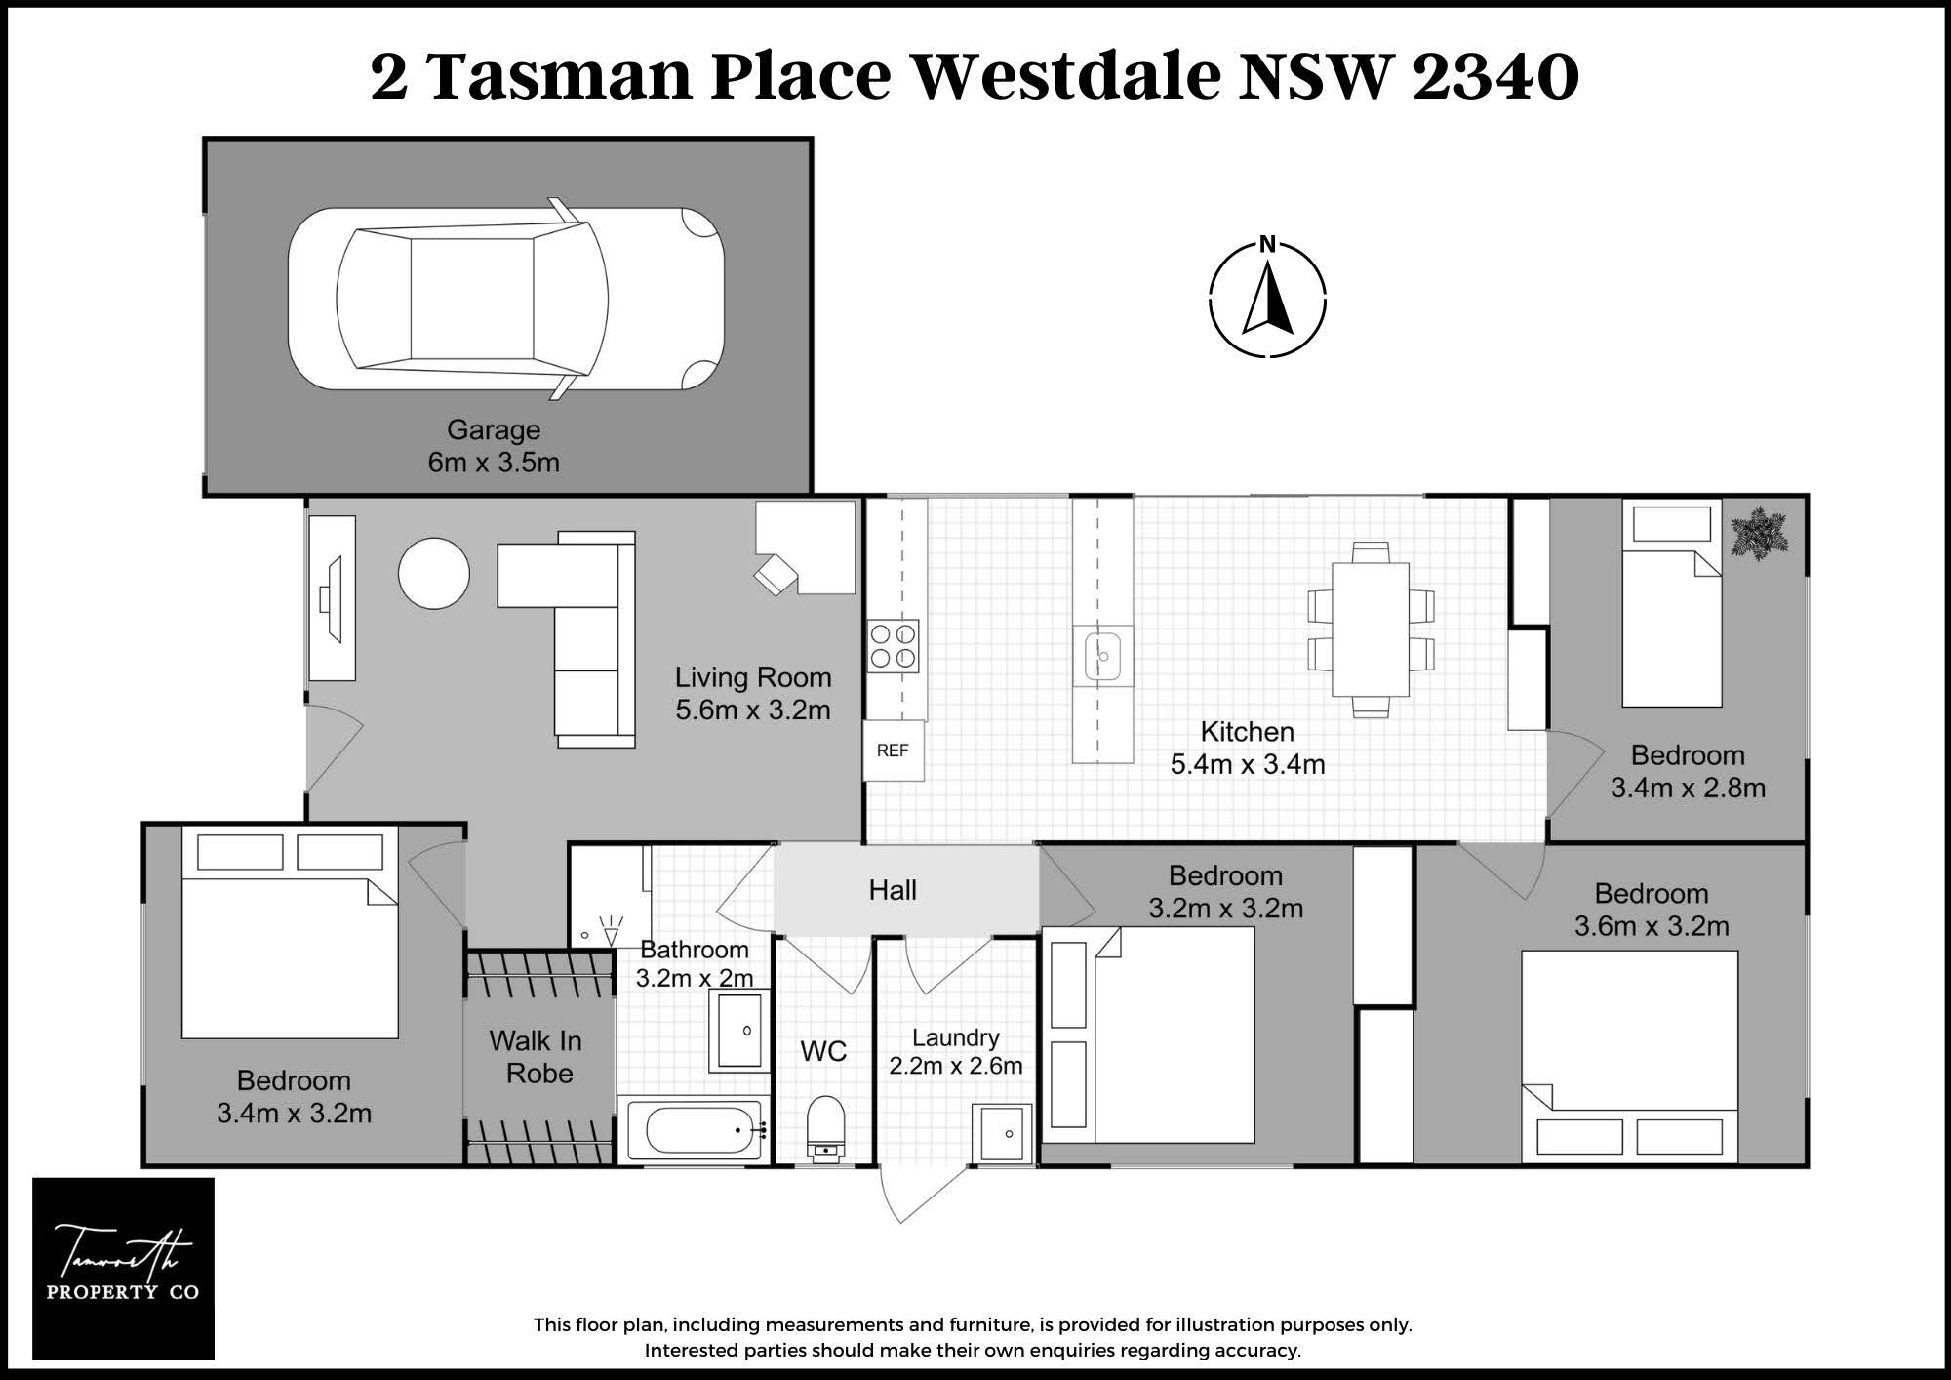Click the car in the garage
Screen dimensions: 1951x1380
click(506, 299)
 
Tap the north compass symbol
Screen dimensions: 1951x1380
click(1267, 295)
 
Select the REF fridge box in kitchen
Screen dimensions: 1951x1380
click(894, 751)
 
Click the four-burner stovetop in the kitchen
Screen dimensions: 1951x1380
click(894, 646)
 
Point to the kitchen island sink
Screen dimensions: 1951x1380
click(1103, 655)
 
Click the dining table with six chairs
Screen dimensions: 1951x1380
click(1371, 629)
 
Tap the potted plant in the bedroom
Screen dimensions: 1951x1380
click(1760, 534)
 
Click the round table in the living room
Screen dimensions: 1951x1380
click(434, 574)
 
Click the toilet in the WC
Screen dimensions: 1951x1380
click(825, 1128)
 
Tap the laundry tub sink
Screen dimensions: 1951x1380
click(1002, 1133)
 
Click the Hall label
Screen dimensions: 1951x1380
click(893, 890)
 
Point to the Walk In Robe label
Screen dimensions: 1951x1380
click(537, 1057)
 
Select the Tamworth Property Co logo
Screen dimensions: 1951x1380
click(123, 1268)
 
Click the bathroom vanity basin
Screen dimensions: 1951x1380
click(739, 1031)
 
